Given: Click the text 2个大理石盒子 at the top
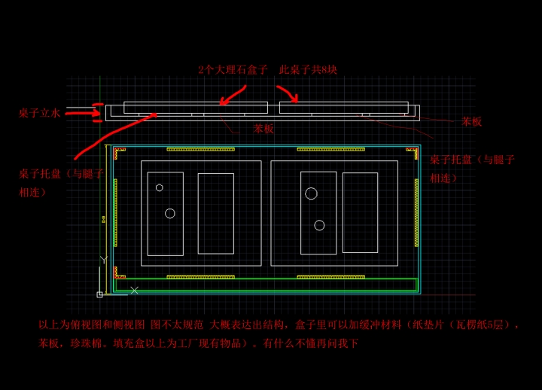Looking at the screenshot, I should tap(233, 70).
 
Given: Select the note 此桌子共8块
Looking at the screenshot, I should tap(308, 70).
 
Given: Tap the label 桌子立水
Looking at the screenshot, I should tap(39, 113).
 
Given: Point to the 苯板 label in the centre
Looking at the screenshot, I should tap(263, 129).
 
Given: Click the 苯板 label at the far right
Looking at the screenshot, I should tap(472, 121).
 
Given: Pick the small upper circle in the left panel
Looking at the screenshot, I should tap(160, 187).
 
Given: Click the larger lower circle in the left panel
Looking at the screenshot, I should tap(170, 213).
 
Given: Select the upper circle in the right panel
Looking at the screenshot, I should tap(311, 193).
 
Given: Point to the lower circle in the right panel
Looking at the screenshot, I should tap(319, 225).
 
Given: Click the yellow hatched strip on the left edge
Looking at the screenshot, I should tap(115, 212).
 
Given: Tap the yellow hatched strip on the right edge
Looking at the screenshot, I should tap(416, 212).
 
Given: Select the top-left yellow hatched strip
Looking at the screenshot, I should tap(200, 149).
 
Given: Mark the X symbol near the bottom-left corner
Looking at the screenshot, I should tap(134, 290).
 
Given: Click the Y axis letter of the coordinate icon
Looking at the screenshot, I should tap(103, 260).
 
